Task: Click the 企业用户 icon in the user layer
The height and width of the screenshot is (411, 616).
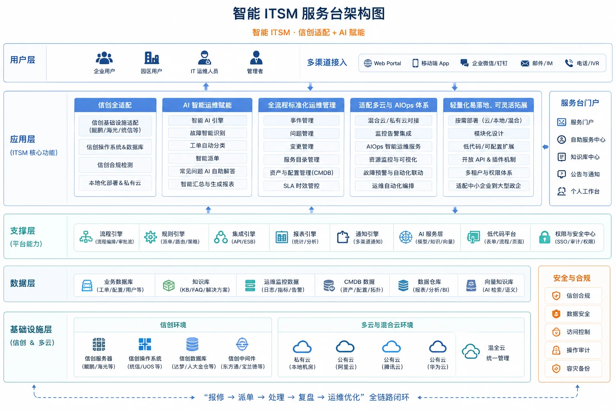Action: [x=104, y=58]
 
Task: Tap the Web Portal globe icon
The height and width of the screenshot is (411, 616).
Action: [x=368, y=63]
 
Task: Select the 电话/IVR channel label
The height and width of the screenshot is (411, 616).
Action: [x=588, y=63]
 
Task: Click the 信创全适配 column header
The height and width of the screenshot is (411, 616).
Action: [x=115, y=105]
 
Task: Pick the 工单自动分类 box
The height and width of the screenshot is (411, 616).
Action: [x=207, y=146]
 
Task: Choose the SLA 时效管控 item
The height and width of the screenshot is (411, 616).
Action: [x=301, y=186]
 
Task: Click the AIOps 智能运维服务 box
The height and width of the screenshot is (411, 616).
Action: [x=393, y=146]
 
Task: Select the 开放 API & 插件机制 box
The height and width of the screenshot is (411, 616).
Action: [x=488, y=160]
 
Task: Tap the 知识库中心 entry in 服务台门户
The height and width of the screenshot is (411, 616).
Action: [x=585, y=157]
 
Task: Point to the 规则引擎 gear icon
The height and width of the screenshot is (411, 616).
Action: [x=150, y=237]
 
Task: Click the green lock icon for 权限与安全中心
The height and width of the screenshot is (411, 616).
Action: [x=544, y=237]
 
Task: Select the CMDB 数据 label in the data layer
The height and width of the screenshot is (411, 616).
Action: [x=359, y=282]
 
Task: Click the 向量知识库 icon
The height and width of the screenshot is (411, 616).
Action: [x=471, y=285]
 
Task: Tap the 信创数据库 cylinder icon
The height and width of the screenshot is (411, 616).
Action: [x=192, y=344]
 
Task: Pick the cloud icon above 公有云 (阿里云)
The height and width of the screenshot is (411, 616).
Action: [x=345, y=347]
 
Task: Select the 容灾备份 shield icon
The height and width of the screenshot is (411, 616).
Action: [x=556, y=368]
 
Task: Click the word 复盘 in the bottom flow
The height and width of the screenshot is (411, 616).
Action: [x=306, y=397]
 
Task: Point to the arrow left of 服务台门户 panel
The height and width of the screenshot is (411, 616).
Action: [x=545, y=147]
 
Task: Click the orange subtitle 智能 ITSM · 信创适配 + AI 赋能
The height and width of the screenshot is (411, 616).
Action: [x=308, y=33]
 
